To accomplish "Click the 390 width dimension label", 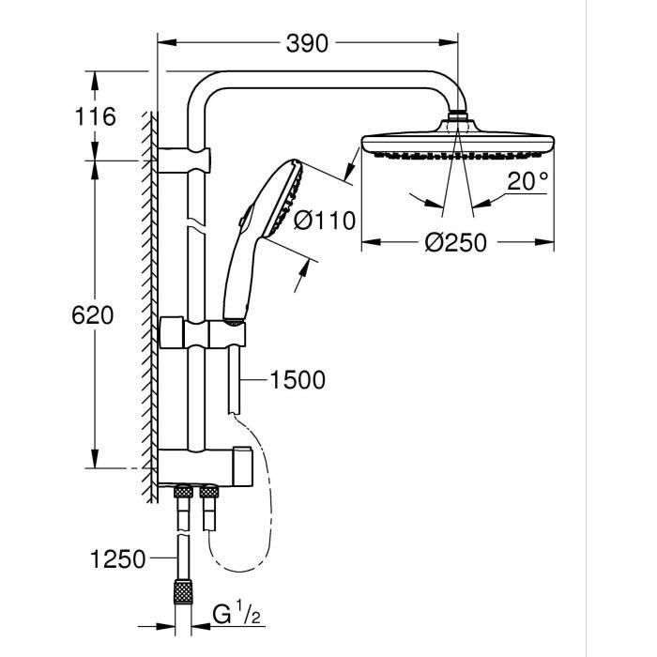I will click(308, 43).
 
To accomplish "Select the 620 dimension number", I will click(94, 315).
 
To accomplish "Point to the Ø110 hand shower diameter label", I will click(325, 222).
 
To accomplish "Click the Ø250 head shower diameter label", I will click(456, 242).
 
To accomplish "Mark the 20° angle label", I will click(527, 182).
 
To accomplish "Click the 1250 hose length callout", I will click(119, 560).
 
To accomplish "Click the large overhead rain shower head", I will click(458, 145).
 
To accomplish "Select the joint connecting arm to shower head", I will click(458, 119).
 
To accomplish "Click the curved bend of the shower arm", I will click(208, 90).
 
